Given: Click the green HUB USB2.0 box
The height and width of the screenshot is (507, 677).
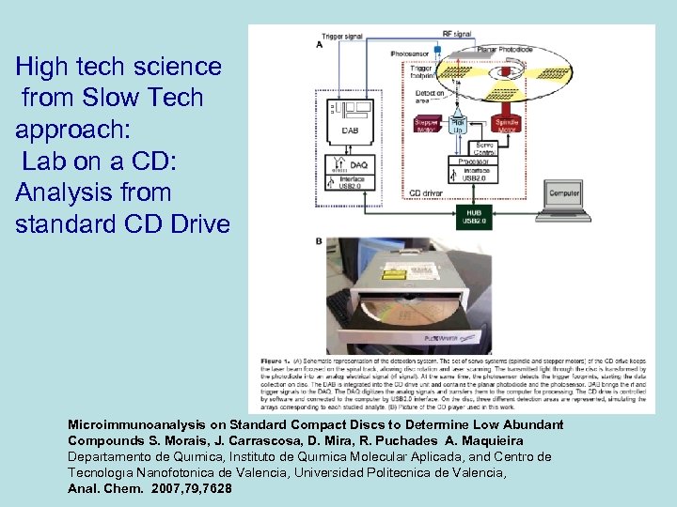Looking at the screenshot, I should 475,216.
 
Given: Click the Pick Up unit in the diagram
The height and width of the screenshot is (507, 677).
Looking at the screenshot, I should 459,125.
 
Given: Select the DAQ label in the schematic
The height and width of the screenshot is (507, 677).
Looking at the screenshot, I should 359,164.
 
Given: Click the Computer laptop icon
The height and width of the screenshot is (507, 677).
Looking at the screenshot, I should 562,197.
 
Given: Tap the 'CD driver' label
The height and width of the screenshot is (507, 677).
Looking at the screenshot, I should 429,193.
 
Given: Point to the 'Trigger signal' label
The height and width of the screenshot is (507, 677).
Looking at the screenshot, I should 342,36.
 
